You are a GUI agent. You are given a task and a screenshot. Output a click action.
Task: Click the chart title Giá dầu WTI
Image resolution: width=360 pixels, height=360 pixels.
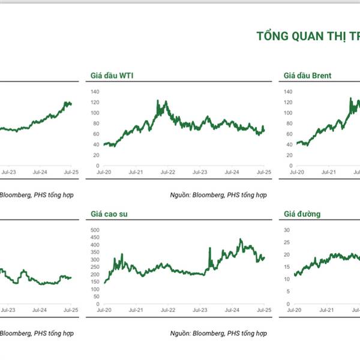pyautogui.click(x=111, y=76)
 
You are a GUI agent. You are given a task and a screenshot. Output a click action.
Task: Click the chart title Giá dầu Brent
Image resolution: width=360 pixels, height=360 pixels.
pyautogui.click(x=307, y=76)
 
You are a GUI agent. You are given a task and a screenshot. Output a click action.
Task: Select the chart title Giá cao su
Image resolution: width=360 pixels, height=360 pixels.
pyautogui.click(x=109, y=214)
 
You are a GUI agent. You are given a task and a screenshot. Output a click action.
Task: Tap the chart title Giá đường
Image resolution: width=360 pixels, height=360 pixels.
pyautogui.click(x=303, y=214)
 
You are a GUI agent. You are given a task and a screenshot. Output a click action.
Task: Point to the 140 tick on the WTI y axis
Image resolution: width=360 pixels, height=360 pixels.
pyautogui.click(x=94, y=92)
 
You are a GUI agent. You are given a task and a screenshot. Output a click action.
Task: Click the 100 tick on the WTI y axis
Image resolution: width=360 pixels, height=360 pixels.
pyautogui.click(x=94, y=113)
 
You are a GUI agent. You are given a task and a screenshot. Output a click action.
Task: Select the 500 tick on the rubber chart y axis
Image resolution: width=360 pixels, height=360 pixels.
pyautogui.click(x=94, y=230)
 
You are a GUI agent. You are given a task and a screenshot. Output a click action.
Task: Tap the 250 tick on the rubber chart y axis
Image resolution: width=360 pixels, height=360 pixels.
pyautogui.click(x=94, y=267)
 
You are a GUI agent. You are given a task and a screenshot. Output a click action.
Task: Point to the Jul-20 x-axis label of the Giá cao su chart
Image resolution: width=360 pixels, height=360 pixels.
pyautogui.click(x=104, y=310)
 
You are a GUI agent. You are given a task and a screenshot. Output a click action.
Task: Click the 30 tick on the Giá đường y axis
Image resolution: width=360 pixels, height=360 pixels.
pyautogui.click(x=286, y=230)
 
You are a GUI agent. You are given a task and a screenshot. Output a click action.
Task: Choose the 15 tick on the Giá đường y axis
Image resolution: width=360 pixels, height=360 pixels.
pyautogui.click(x=286, y=267)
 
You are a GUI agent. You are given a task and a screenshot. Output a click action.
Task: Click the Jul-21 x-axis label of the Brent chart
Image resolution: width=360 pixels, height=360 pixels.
pyautogui.click(x=328, y=172)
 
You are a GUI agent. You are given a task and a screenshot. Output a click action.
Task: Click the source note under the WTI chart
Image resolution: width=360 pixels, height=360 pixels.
pyautogui.click(x=218, y=194)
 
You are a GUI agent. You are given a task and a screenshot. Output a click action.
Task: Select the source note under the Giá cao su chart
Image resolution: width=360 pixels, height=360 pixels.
pyautogui.click(x=218, y=332)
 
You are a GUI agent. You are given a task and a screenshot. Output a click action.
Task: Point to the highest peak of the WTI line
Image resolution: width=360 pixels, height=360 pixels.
pyautogui.click(x=158, y=101)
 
